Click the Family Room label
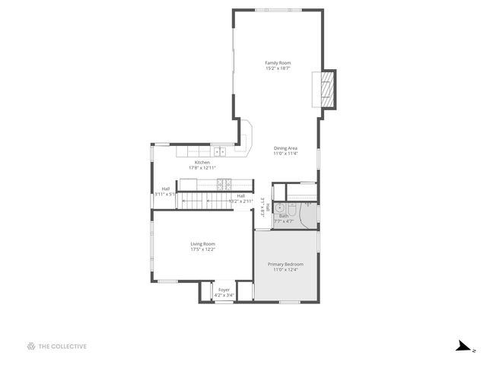tap(278, 62)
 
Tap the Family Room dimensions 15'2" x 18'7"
tap(278, 68)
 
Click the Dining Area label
tap(285, 148)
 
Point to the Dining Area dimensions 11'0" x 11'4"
tap(285, 154)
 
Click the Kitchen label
tap(202, 162)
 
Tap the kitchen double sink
tap(219, 151)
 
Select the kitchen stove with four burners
tap(224, 183)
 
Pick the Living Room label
tap(202, 244)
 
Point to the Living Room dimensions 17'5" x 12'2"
tap(202, 249)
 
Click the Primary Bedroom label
tap(285, 264)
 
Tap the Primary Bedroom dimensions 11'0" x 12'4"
tap(285, 269)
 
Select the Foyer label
tap(224, 290)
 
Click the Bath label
tap(283, 216)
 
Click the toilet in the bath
tap(308, 205)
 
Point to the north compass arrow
tap(463, 347)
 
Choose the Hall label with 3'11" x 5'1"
tap(165, 189)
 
